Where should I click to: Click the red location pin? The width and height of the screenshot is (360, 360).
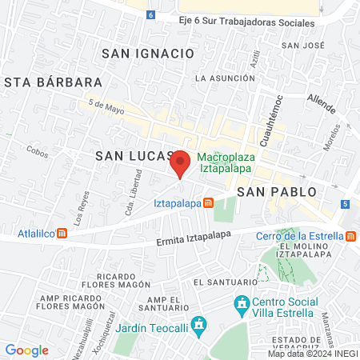pos(181,162)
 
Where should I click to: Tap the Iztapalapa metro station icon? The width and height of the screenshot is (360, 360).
pos(209,203)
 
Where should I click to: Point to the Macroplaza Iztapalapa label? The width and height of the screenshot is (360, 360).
pos(225,162)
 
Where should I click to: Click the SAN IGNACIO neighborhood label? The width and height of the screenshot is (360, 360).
pos(149,53)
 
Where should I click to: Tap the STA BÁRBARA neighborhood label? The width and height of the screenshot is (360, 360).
pos(54,82)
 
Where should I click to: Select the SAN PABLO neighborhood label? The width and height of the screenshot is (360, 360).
pos(277,192)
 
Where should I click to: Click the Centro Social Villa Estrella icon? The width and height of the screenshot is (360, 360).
pos(241,304)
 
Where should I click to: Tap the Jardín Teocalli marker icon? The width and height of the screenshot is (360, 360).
pos(201,326)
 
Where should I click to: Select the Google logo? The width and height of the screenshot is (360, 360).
pos(27,350)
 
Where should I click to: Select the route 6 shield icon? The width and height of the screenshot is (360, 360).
pos(151,15)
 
